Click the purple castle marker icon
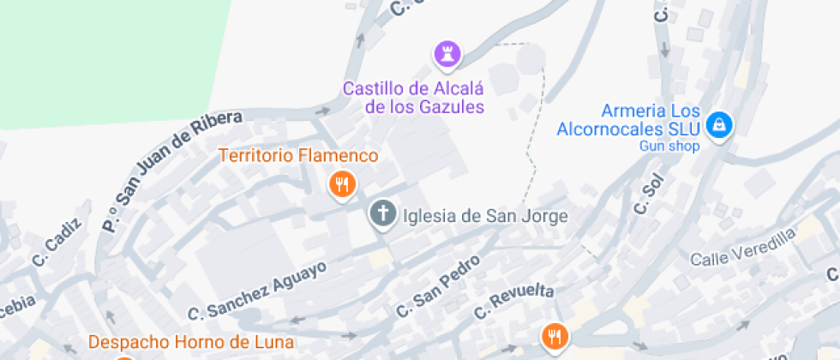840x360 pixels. click(x=447, y=54)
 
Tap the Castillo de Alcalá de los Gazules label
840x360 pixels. click(x=413, y=98)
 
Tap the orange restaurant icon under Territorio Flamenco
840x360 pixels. click(x=342, y=183)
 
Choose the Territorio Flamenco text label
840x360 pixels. click(x=298, y=156)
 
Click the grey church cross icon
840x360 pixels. click(x=382, y=213)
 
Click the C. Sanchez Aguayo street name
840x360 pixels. click(x=257, y=289)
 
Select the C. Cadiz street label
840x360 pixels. click(x=56, y=242)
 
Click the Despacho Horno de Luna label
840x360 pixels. click(x=191, y=342)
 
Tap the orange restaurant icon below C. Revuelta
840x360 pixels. click(x=555, y=336)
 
